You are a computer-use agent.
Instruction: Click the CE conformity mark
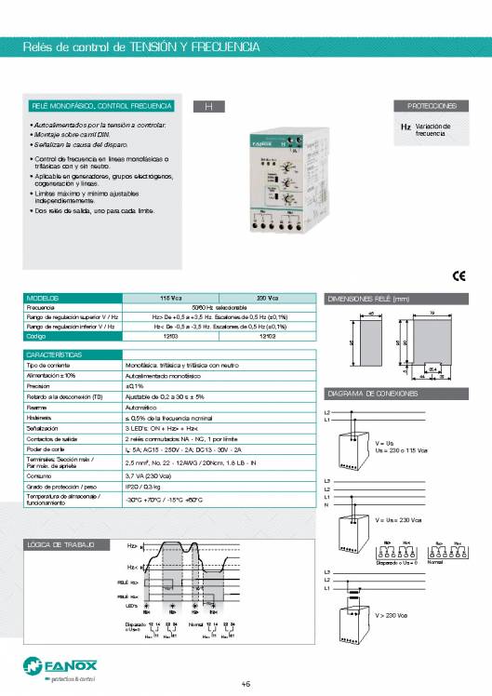[458, 274]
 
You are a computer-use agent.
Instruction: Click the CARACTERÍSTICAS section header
[55, 355]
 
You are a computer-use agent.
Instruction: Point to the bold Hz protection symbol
[406, 126]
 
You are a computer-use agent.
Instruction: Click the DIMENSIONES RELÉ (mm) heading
[368, 299]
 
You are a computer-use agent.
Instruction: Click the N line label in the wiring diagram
[326, 505]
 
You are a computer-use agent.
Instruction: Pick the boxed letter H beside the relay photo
[209, 107]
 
